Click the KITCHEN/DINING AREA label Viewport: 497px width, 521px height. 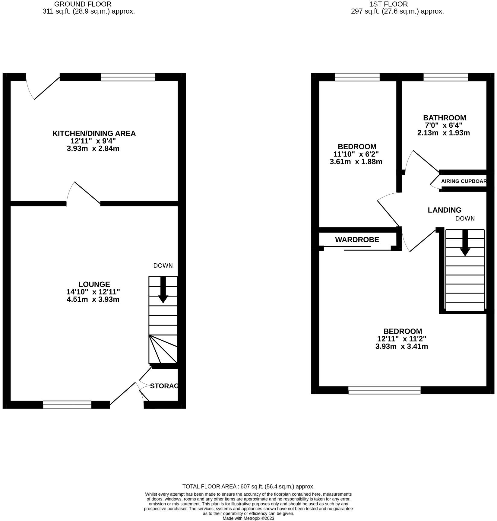pyautogui.click(x=94, y=133)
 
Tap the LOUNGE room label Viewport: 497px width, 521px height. pyautogui.click(x=94, y=284)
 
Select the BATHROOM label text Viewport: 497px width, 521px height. pyautogui.click(x=444, y=118)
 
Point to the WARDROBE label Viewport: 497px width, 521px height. pyautogui.click(x=357, y=240)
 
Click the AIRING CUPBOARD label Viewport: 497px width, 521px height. pyautogui.click(x=464, y=181)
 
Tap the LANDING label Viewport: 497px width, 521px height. pyautogui.click(x=444, y=210)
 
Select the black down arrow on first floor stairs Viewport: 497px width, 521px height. pyautogui.click(x=465, y=243)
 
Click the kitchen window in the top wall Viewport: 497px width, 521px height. pyautogui.click(x=128, y=77)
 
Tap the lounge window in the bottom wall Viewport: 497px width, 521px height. pyautogui.click(x=67, y=405)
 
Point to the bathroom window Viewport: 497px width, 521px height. pyautogui.click(x=446, y=77)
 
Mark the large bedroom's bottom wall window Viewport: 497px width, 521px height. pyautogui.click(x=384, y=390)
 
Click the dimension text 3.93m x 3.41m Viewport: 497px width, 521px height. pyautogui.click(x=401, y=346)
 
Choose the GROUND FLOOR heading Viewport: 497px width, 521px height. pyautogui.click(x=83, y=4)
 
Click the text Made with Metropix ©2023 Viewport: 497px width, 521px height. pyautogui.click(x=248, y=518)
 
